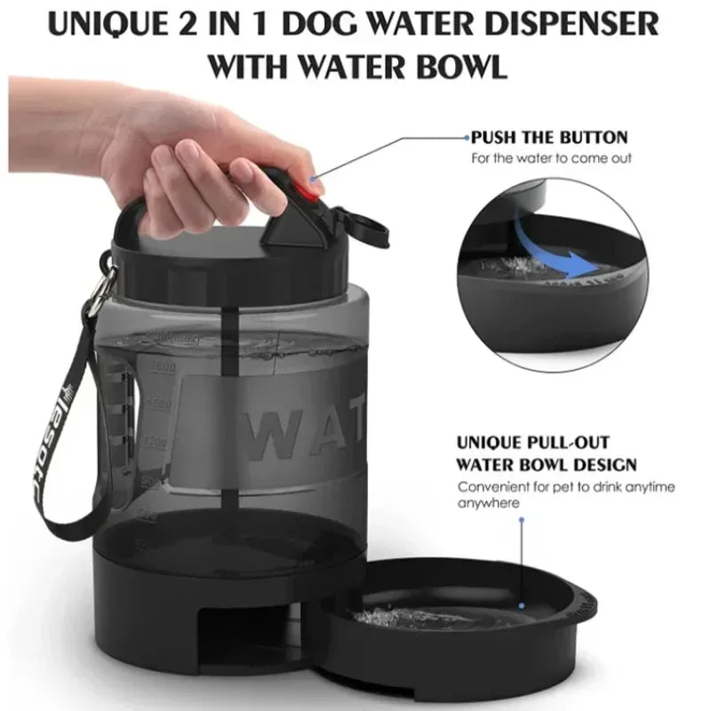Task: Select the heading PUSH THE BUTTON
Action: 548,138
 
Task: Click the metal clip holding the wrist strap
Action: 103,283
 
